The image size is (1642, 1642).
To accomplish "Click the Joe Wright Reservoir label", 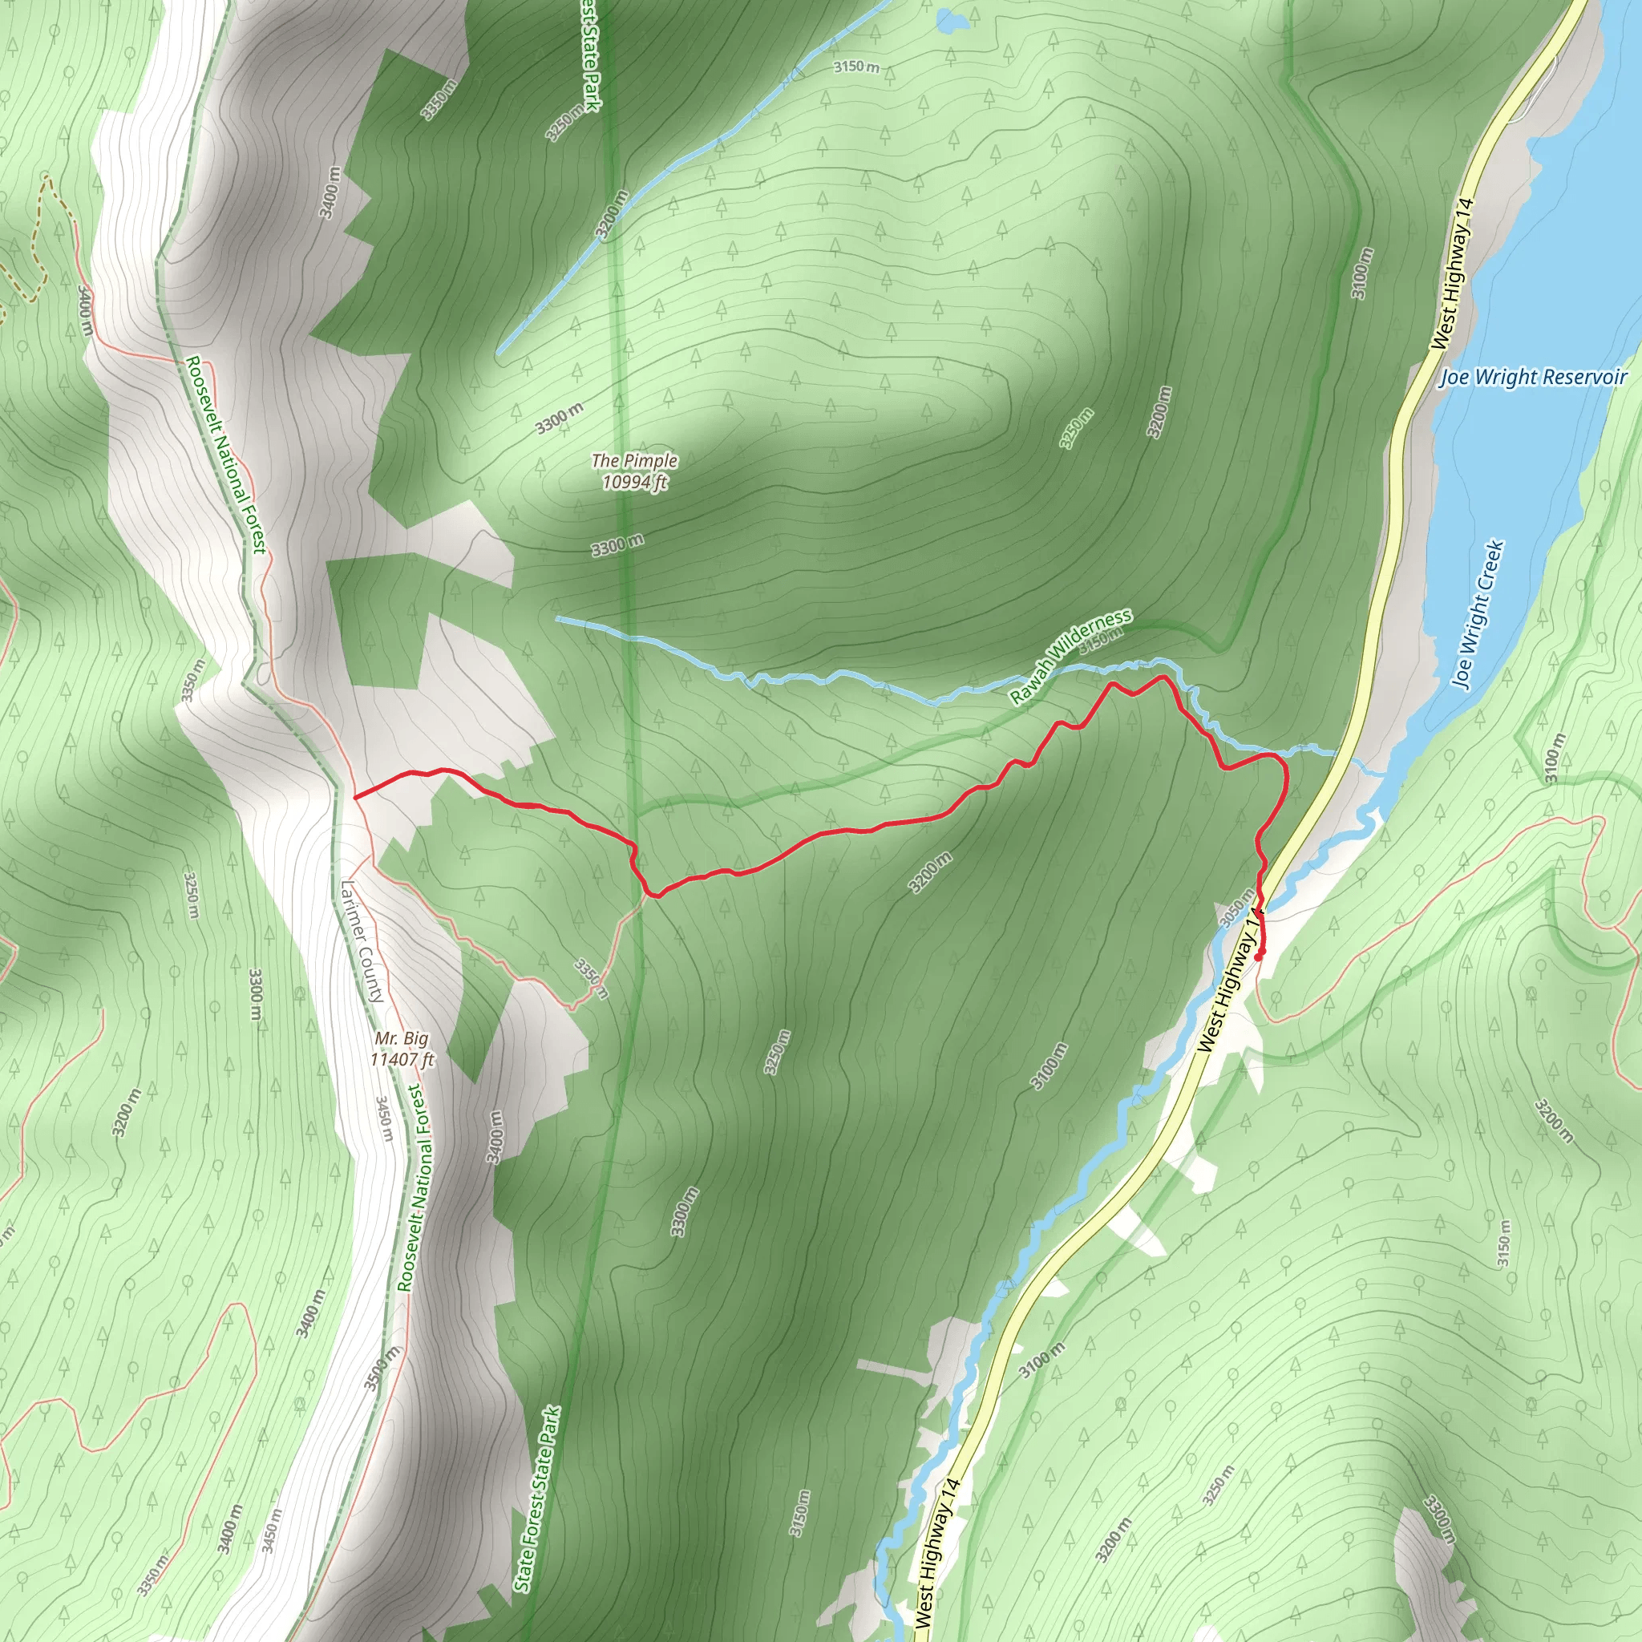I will [x=1532, y=378].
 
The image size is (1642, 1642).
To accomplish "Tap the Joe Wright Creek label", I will [x=1478, y=614].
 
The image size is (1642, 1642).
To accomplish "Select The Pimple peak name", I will [x=635, y=461].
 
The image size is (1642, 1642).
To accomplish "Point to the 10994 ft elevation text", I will [x=635, y=483].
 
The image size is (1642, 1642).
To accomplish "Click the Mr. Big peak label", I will [x=402, y=1038].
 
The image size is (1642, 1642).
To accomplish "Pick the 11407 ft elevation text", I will [x=402, y=1060].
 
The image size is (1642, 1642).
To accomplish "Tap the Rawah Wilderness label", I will [x=1071, y=656].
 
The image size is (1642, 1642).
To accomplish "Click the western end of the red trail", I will [x=354, y=797].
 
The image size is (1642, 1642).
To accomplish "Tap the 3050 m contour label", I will [x=1236, y=908].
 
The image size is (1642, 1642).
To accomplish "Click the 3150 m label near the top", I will [x=855, y=66].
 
